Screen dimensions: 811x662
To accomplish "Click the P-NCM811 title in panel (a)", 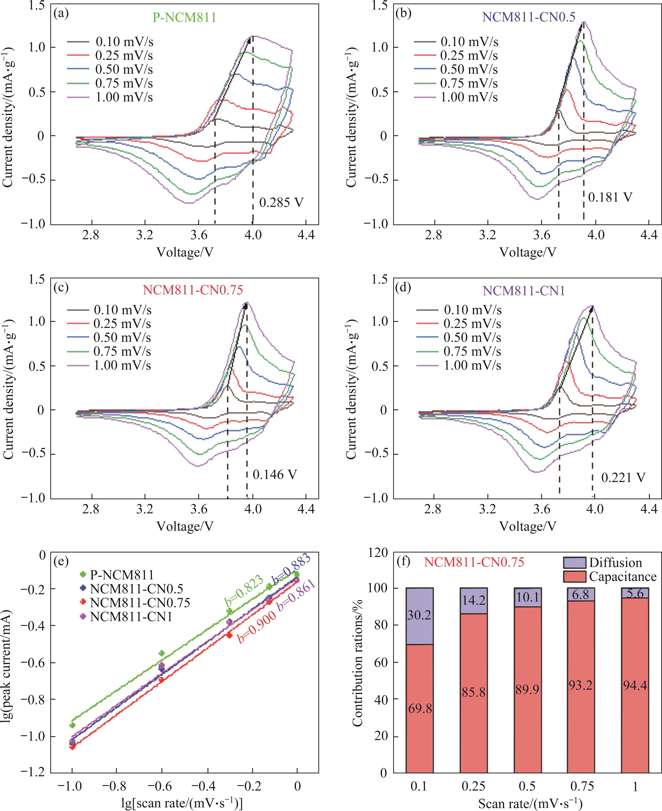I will (x=185, y=17).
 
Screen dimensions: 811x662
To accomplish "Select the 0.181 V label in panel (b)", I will (x=610, y=197).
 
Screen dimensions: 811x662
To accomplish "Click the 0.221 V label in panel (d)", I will (x=623, y=478).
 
